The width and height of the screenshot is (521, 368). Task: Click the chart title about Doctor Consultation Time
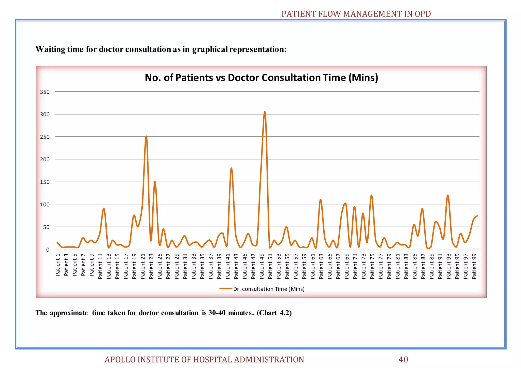click(261, 78)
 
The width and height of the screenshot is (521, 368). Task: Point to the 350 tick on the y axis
click(45, 92)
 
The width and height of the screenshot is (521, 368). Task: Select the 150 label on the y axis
click(45, 182)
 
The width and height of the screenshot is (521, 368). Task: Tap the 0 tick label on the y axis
click(48, 250)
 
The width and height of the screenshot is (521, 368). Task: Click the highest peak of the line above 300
click(265, 112)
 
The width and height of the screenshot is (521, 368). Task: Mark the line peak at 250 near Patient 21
click(146, 136)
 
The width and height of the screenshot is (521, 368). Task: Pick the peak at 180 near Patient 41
click(231, 168)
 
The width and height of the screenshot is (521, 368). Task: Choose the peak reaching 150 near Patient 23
click(155, 182)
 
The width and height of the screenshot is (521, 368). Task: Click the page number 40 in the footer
click(403, 360)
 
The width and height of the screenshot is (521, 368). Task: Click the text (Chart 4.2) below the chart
click(274, 313)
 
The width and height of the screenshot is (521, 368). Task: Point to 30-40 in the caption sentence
click(217, 313)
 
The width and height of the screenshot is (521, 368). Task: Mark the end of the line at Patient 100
click(477, 216)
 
